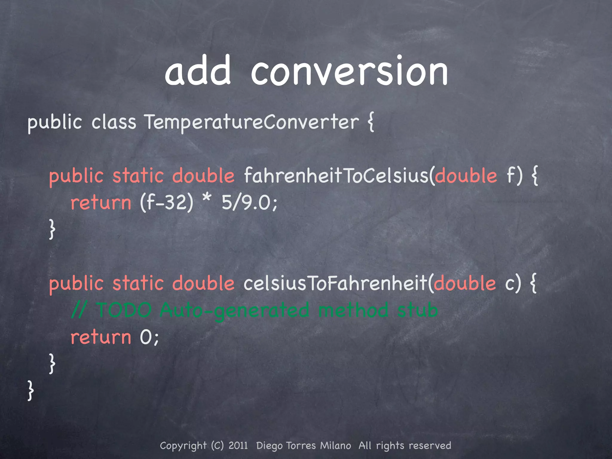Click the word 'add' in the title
(198, 71)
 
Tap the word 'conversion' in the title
(349, 72)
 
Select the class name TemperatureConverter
(251, 123)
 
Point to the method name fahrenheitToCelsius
(336, 176)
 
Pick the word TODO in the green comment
(124, 310)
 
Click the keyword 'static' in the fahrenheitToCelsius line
(138, 176)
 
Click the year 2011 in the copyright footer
(238, 446)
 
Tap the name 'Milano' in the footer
(335, 446)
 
